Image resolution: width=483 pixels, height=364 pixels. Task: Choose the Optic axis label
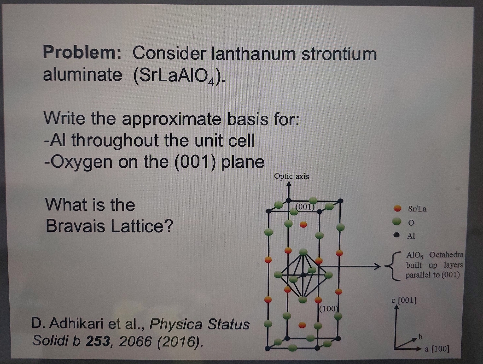pos(291,176)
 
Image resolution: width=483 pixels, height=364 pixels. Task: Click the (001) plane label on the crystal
pos(304,207)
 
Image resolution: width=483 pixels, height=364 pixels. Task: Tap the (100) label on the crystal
pos(328,308)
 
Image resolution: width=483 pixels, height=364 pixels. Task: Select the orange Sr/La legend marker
pos(398,208)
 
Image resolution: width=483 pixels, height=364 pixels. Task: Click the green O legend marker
pos(398,222)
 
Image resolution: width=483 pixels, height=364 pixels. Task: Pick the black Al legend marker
pos(398,235)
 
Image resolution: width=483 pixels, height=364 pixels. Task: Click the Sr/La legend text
pos(417,209)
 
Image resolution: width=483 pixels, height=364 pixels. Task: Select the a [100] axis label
pos(437,349)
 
